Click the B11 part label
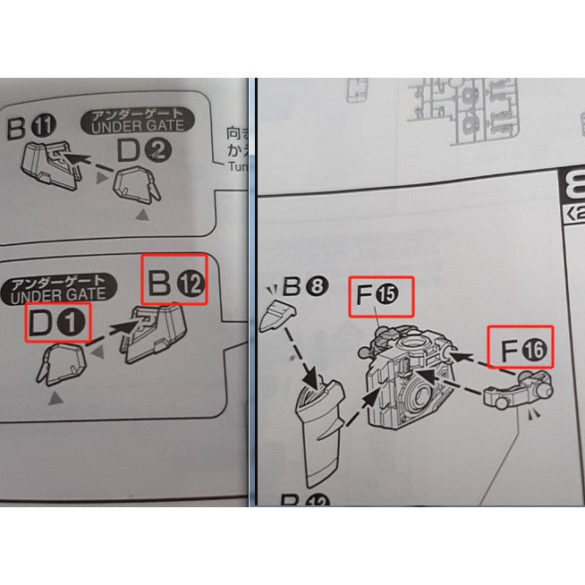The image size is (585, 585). pos(25,129)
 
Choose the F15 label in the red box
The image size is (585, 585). pos(380,296)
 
